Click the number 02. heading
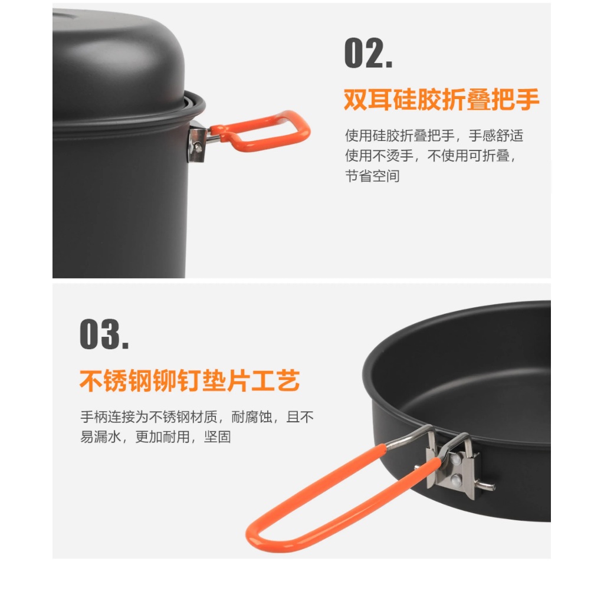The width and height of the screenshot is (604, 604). pyautogui.click(x=368, y=53)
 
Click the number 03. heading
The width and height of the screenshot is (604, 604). pyautogui.click(x=104, y=334)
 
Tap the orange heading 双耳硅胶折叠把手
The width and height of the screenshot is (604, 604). pyautogui.click(x=441, y=99)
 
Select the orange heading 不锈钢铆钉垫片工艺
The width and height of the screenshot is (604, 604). pyautogui.click(x=189, y=380)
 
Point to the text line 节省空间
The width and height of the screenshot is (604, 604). pyautogui.click(x=372, y=176)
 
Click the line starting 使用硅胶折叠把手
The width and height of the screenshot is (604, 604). pyautogui.click(x=434, y=136)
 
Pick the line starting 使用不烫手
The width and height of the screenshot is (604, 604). pyautogui.click(x=430, y=156)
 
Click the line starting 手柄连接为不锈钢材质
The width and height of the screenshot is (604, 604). pyautogui.click(x=197, y=417)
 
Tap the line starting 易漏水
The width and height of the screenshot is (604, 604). pyautogui.click(x=156, y=437)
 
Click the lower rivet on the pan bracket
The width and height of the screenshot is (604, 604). pyautogui.click(x=457, y=480)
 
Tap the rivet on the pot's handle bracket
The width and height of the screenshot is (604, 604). pyautogui.click(x=198, y=146)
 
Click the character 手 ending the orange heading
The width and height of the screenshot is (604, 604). pyautogui.click(x=527, y=99)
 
